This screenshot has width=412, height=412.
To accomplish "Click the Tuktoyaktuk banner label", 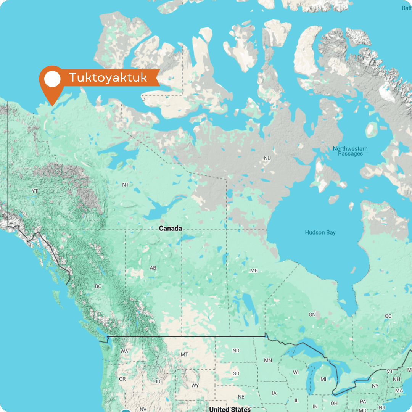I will coord(108,78).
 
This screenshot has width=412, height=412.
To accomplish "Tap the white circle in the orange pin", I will coord(53,79).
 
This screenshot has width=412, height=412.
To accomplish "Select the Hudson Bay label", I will coord(320,232).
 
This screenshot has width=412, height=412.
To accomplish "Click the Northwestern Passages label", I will coord(350,151).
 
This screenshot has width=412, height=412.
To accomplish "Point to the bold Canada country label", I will coord(170,229).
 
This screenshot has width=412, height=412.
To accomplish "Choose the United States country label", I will coord(230,409).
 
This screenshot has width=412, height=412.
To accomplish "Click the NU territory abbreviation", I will coord(267,158).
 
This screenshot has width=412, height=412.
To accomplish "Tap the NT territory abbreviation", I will coord(126,185).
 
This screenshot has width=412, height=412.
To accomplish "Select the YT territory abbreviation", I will coord(35,190).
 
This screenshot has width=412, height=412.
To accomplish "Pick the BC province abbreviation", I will coord(98,286).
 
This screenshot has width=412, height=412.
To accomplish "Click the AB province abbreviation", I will coord(153,268).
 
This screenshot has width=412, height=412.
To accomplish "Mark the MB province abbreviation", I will coord(254,270).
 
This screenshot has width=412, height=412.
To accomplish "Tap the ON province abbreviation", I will coord(312,315).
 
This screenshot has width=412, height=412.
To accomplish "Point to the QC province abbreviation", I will coord(388,316).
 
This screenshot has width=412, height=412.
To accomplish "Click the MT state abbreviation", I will coord(184,355).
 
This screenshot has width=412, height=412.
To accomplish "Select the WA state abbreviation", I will coord(124,351).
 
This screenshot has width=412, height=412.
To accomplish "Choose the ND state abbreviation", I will coord(236,351).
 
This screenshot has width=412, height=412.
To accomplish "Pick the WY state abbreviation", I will coord(195,386).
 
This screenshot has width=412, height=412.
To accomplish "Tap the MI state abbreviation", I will coord(323,379).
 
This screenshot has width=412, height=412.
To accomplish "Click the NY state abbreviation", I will coord(375,386).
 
